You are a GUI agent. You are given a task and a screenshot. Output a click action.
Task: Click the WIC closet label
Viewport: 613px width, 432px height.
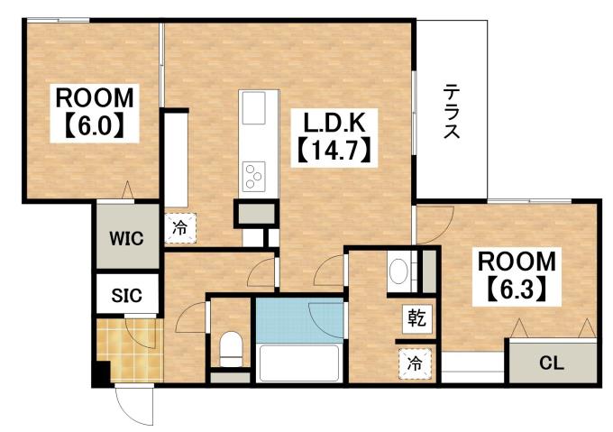coord(127,239)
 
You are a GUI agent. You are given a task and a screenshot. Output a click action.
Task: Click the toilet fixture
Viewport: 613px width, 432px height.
coord(232,348)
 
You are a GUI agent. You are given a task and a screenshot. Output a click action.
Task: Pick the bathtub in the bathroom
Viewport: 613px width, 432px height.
coord(297,364)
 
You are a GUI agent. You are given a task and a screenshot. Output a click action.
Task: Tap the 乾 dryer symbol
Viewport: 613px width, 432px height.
coord(416,317)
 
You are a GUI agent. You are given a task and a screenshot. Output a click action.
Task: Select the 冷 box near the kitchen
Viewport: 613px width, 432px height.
coord(180,228)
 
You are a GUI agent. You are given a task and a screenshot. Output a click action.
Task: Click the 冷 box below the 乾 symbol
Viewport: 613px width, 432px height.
coord(415,364)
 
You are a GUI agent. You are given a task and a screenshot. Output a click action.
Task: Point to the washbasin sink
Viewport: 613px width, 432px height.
coord(398,271)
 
